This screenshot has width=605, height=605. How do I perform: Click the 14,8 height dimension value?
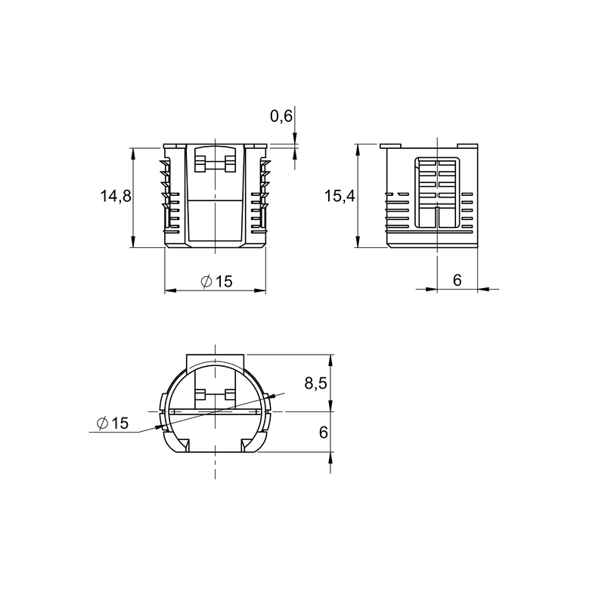point(116,196)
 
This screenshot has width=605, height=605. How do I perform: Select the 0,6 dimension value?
point(281,116)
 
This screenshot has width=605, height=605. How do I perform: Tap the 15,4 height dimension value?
point(340,196)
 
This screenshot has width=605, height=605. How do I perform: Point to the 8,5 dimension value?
point(315,383)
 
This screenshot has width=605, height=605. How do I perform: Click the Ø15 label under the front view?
point(217,281)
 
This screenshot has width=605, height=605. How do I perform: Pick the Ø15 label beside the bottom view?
point(113,423)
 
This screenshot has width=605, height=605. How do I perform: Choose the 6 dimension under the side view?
point(458,280)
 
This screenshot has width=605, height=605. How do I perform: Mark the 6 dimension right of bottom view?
point(324,432)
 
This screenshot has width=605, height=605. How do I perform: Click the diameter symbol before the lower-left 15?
point(102,423)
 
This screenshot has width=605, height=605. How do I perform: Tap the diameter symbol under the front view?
point(206,281)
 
